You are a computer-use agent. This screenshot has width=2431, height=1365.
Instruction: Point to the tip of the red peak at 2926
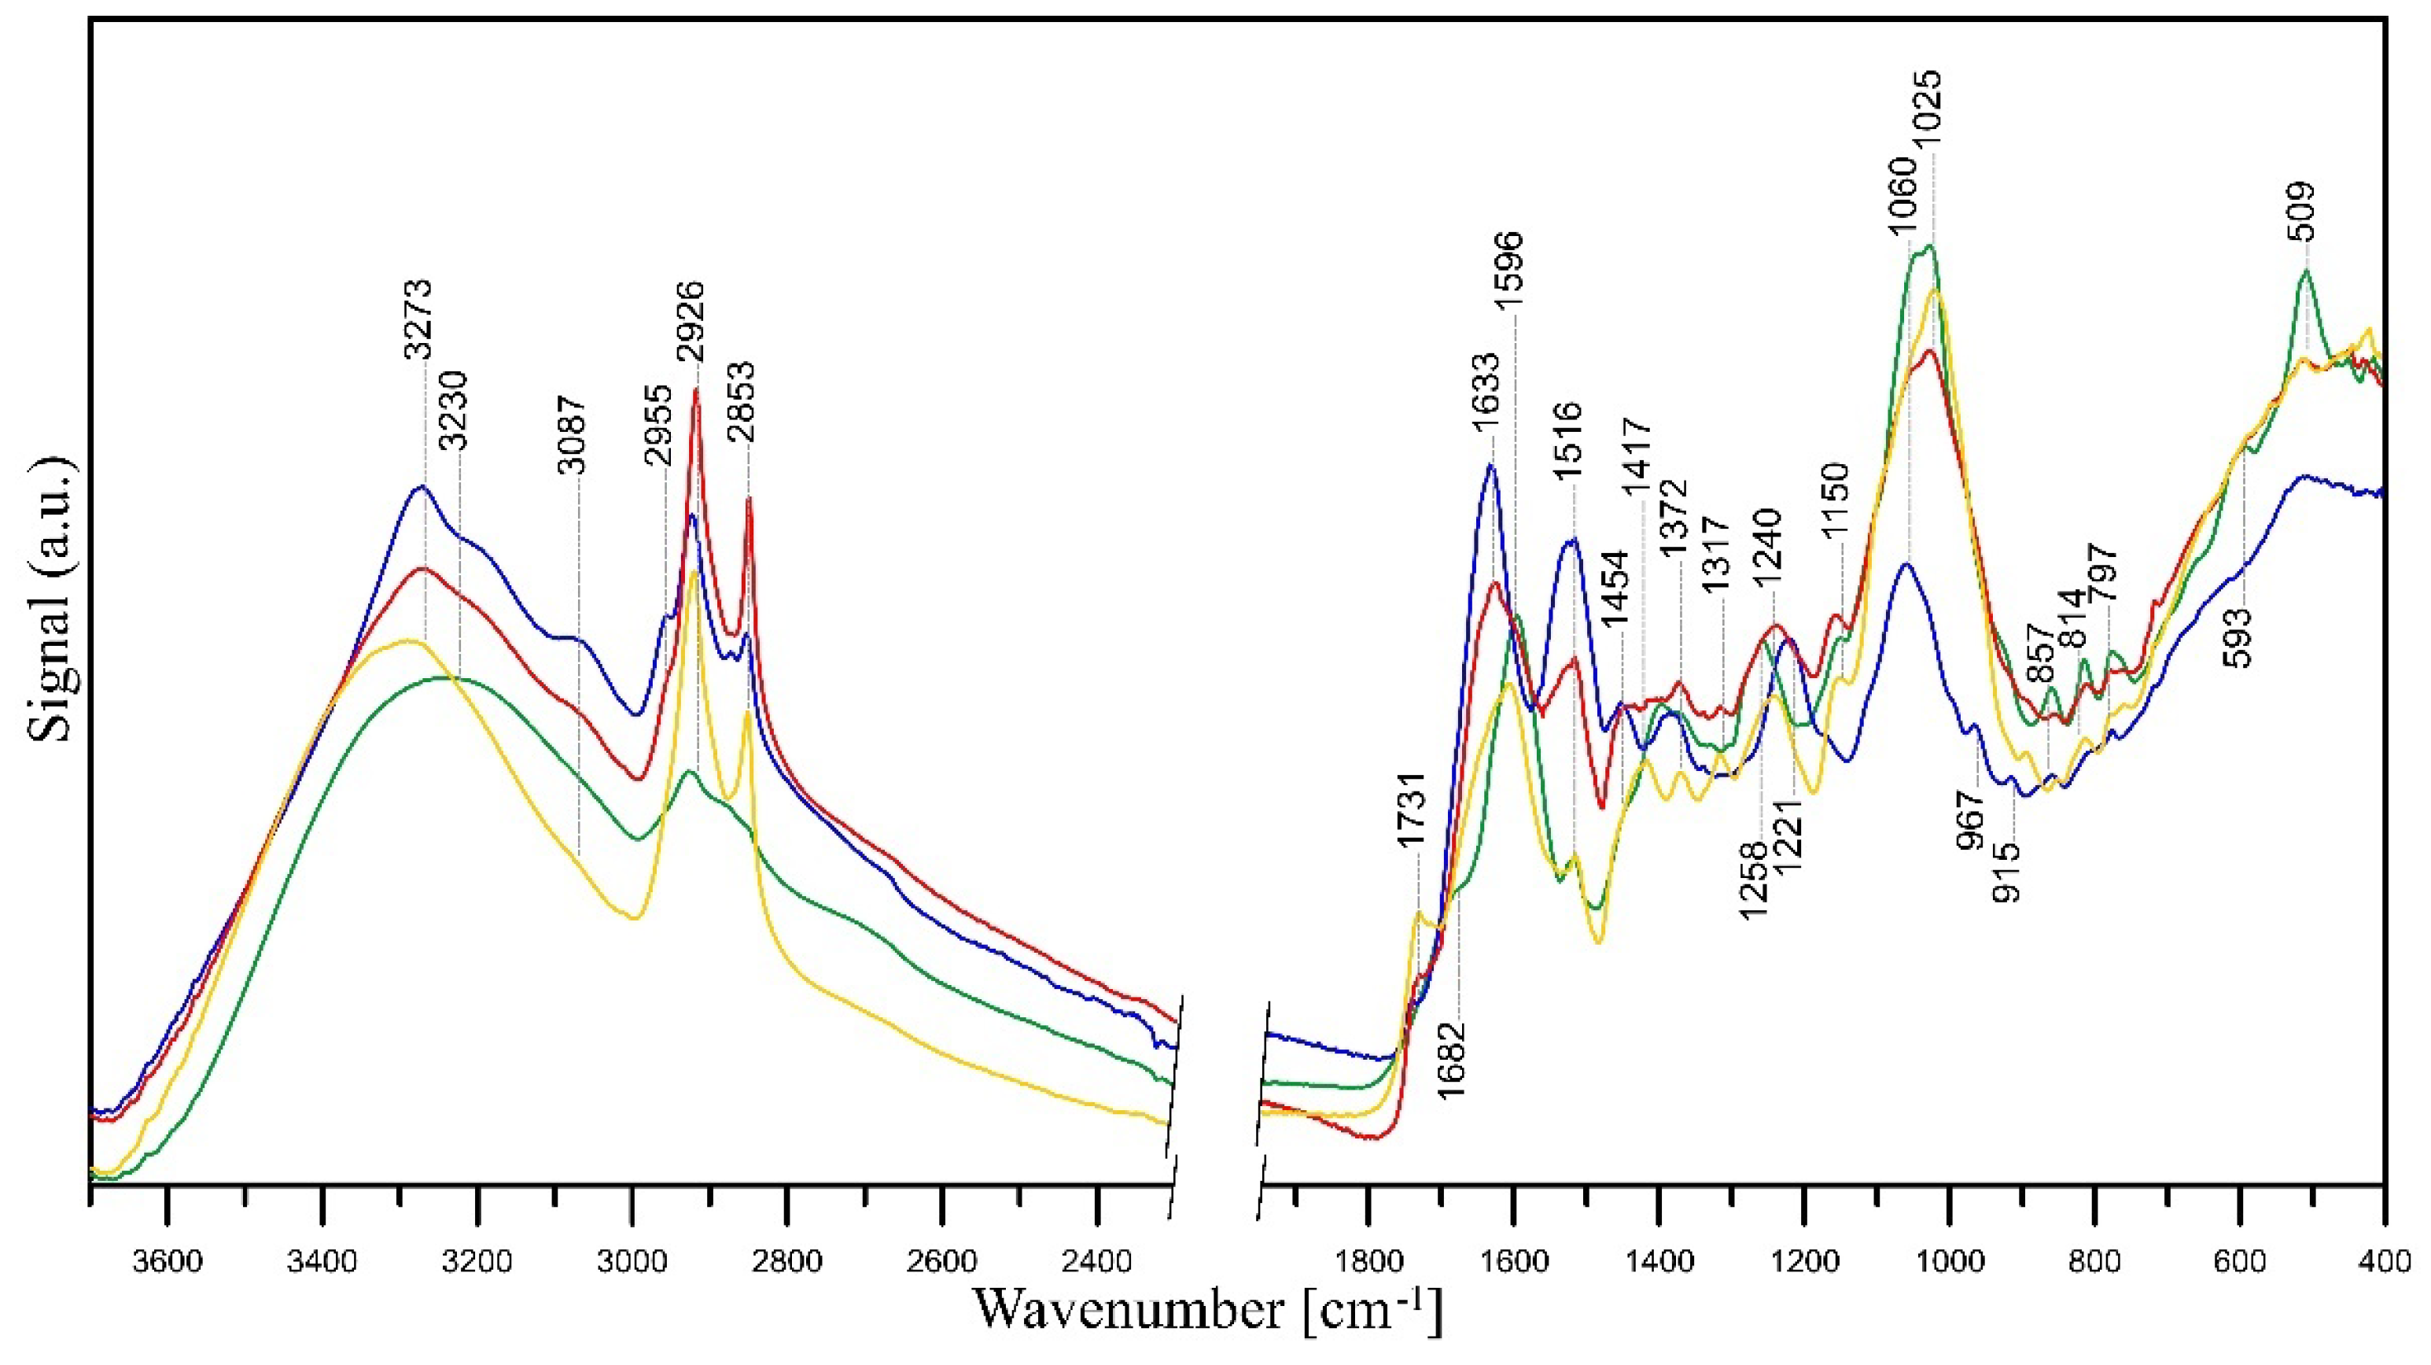click(x=697, y=388)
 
